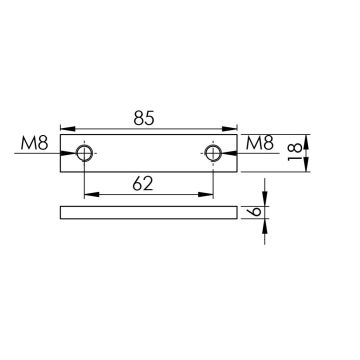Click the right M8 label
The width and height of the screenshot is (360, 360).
pyautogui.click(x=259, y=145)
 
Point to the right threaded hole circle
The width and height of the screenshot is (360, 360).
pyautogui.click(x=212, y=153)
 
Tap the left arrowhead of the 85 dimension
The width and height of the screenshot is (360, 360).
pyautogui.click(x=66, y=128)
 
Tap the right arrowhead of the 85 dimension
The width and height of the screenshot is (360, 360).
pyautogui.click(x=232, y=128)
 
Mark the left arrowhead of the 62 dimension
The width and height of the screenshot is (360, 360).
pyautogui.click(x=90, y=193)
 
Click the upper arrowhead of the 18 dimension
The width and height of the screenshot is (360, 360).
pyautogui.click(x=306, y=140)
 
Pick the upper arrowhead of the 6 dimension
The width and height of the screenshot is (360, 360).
pyautogui.click(x=264, y=201)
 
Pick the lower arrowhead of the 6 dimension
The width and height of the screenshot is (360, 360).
pyautogui.click(x=264, y=225)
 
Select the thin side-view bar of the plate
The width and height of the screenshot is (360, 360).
pyautogui.click(x=149, y=213)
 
